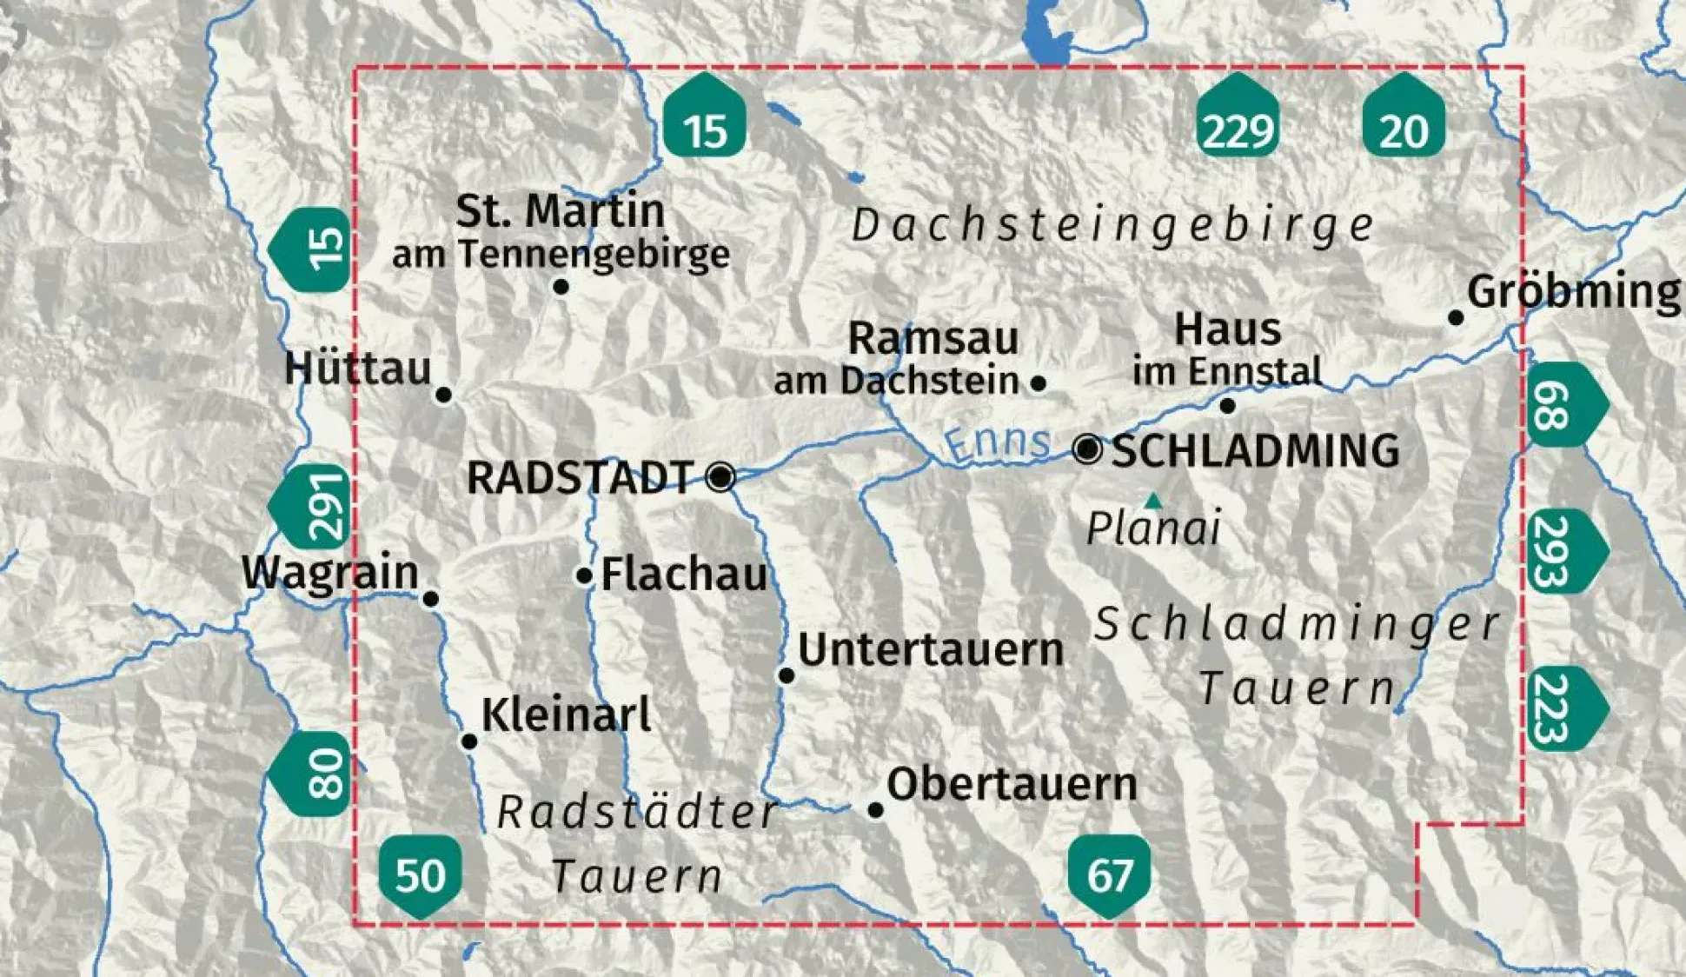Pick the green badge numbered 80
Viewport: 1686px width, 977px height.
pyautogui.click(x=314, y=773)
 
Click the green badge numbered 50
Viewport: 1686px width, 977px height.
pyautogui.click(x=420, y=874)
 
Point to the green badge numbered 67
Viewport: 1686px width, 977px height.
pyautogui.click(x=1109, y=874)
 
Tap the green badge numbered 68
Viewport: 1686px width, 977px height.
pyautogui.click(x=1563, y=405)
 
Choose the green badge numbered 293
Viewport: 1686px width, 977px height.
pyautogui.click(x=1563, y=551)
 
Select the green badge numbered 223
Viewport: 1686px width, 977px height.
pyautogui.click(x=1563, y=709)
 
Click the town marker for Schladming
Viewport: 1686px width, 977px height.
pyautogui.click(x=1087, y=449)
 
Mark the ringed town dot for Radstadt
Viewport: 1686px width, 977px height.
pyautogui.click(x=720, y=476)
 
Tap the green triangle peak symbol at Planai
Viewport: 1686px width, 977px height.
pyautogui.click(x=1153, y=501)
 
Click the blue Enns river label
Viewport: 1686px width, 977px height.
pyautogui.click(x=997, y=442)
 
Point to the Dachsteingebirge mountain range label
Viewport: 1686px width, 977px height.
pyautogui.click(x=1113, y=226)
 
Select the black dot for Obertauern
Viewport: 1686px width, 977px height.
pyautogui.click(x=876, y=810)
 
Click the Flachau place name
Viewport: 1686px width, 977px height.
pyautogui.click(x=684, y=574)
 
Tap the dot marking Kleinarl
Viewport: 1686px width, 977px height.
pyautogui.click(x=469, y=741)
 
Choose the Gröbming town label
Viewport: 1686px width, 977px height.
pyautogui.click(x=1573, y=291)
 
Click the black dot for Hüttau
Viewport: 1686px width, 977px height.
pyautogui.click(x=443, y=395)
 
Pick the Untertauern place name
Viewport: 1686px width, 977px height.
pyautogui.click(x=930, y=649)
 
